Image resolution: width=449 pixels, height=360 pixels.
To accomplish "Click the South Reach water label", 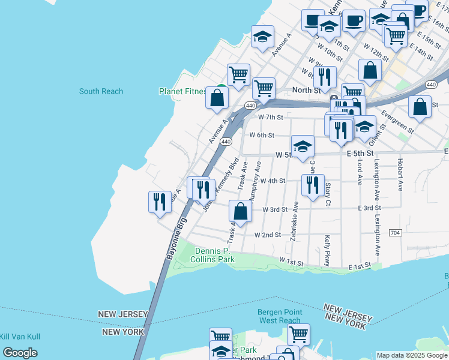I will click(x=101, y=91).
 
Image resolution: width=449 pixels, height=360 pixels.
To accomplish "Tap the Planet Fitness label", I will click(x=182, y=91).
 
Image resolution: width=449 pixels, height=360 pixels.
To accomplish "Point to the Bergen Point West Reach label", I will click(x=279, y=316).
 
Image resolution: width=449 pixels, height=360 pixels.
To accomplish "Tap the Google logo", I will click(x=20, y=353).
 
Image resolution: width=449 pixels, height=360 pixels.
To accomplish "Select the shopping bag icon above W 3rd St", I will click(x=240, y=212).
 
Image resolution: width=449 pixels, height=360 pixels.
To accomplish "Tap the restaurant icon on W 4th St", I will click(x=312, y=185).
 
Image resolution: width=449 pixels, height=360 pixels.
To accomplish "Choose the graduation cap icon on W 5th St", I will click(x=303, y=146).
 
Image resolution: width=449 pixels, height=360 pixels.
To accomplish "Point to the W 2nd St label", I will click(x=268, y=235).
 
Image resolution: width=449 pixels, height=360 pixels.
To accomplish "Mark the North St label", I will click(x=306, y=90).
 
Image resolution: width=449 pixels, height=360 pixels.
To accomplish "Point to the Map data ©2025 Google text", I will click(x=412, y=355).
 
